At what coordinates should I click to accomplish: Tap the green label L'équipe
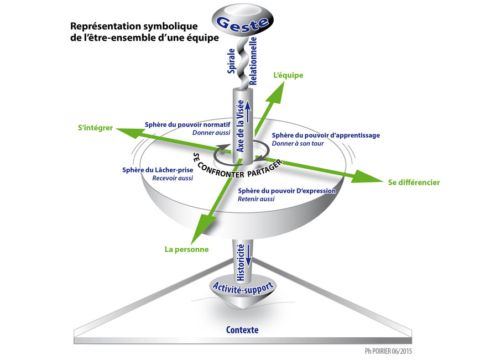[x=289, y=75]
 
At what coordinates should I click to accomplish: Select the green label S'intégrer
[x=95, y=128]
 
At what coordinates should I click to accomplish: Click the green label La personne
[x=186, y=249]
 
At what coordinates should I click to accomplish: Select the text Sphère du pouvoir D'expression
[x=286, y=191]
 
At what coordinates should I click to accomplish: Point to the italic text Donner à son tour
[x=298, y=144]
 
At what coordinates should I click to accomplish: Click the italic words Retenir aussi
[x=256, y=199]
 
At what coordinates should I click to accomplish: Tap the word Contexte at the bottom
[x=242, y=330]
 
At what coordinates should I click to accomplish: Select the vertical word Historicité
[x=241, y=262]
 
